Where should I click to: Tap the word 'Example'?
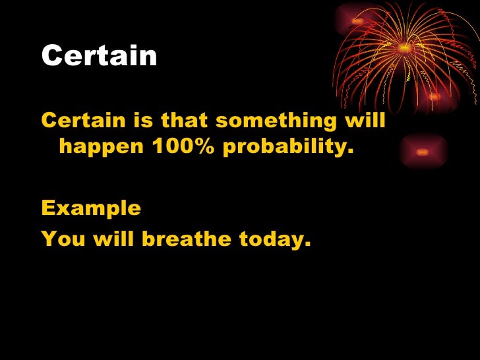(91, 209)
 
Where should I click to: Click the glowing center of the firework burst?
(404, 47)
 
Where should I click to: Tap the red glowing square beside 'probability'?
(423, 152)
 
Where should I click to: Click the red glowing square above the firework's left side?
(357, 21)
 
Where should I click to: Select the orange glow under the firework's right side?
(434, 97)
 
